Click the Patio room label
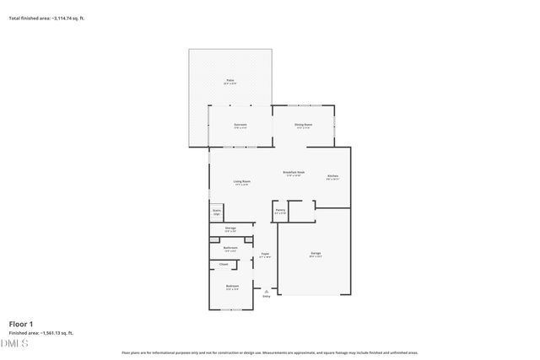229,81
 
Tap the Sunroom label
240,126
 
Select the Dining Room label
304,126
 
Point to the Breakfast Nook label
294,174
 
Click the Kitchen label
332,176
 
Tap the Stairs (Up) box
217,212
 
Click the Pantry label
280,212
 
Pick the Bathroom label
229,249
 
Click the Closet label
224,265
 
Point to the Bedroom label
232,287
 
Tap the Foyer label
265,255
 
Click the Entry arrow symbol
267,291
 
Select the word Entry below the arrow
267,297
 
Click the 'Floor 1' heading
21,324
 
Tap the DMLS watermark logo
14,344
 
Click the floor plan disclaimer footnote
270,352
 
